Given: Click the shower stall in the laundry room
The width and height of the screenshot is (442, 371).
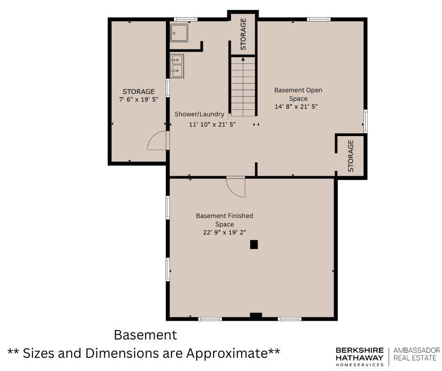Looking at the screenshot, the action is [179, 33].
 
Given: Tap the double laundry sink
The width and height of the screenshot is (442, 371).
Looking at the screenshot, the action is [177, 66].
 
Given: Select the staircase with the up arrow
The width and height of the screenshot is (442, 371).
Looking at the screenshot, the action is [243, 86].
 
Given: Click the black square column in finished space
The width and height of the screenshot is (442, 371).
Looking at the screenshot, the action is [254, 244].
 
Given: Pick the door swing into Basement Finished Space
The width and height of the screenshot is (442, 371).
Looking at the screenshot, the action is [236, 186].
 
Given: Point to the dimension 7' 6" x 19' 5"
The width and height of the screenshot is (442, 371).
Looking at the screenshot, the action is [139, 99].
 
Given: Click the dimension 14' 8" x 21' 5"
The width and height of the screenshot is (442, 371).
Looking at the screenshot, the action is [296, 106].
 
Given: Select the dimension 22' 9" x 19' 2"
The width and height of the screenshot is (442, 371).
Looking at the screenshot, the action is [224, 233].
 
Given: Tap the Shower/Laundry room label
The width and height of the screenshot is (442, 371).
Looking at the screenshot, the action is [199, 114].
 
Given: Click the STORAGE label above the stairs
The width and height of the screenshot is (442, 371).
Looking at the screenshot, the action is [243, 34].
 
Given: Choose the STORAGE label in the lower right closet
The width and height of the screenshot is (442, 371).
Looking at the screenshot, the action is [351, 156].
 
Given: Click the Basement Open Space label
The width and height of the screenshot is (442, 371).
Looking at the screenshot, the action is [298, 94].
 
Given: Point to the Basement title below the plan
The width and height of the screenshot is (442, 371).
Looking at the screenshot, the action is [145, 335].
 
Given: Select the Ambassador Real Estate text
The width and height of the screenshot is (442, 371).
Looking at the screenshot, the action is [417, 354].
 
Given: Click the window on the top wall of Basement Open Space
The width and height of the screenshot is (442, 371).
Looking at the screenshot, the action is [318, 19].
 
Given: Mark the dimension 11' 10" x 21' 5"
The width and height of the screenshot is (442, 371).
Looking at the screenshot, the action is [212, 124].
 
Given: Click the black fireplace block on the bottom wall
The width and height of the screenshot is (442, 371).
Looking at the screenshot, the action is [256, 316].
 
